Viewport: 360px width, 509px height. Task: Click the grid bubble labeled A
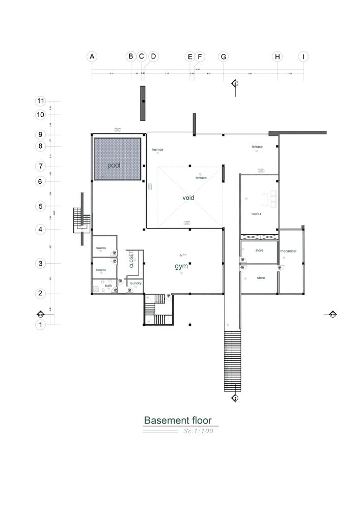[x=92, y=57]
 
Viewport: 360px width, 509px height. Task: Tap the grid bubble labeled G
[x=223, y=57]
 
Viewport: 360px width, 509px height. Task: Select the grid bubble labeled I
[x=303, y=57]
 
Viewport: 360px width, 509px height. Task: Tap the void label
[x=189, y=197]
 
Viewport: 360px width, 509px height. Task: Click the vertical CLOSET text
[x=131, y=260]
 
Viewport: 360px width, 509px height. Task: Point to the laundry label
[x=135, y=283]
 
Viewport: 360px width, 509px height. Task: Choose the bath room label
[x=108, y=286]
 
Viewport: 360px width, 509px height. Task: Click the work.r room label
[x=256, y=214]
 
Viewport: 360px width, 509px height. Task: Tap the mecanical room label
[x=288, y=251]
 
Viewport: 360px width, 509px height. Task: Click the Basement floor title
[x=181, y=420]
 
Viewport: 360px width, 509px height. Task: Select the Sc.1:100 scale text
[x=198, y=431]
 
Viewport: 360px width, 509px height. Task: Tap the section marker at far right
[x=332, y=314]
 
